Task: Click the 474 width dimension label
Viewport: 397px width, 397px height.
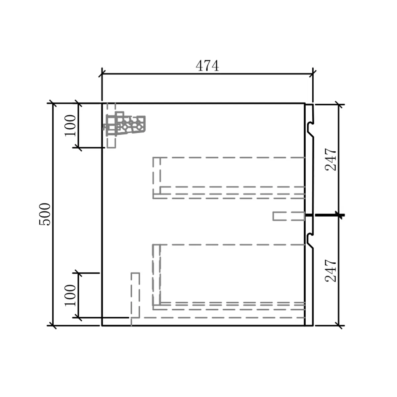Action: (x=207, y=66)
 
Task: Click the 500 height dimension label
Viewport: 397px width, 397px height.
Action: (x=45, y=214)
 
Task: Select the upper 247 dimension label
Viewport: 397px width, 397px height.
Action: (x=331, y=159)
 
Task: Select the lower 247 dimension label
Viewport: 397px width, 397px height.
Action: (x=331, y=271)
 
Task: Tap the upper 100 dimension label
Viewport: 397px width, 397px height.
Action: (x=70, y=125)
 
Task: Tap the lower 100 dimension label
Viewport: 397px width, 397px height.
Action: (x=70, y=295)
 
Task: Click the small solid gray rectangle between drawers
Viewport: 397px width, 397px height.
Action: (x=289, y=216)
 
